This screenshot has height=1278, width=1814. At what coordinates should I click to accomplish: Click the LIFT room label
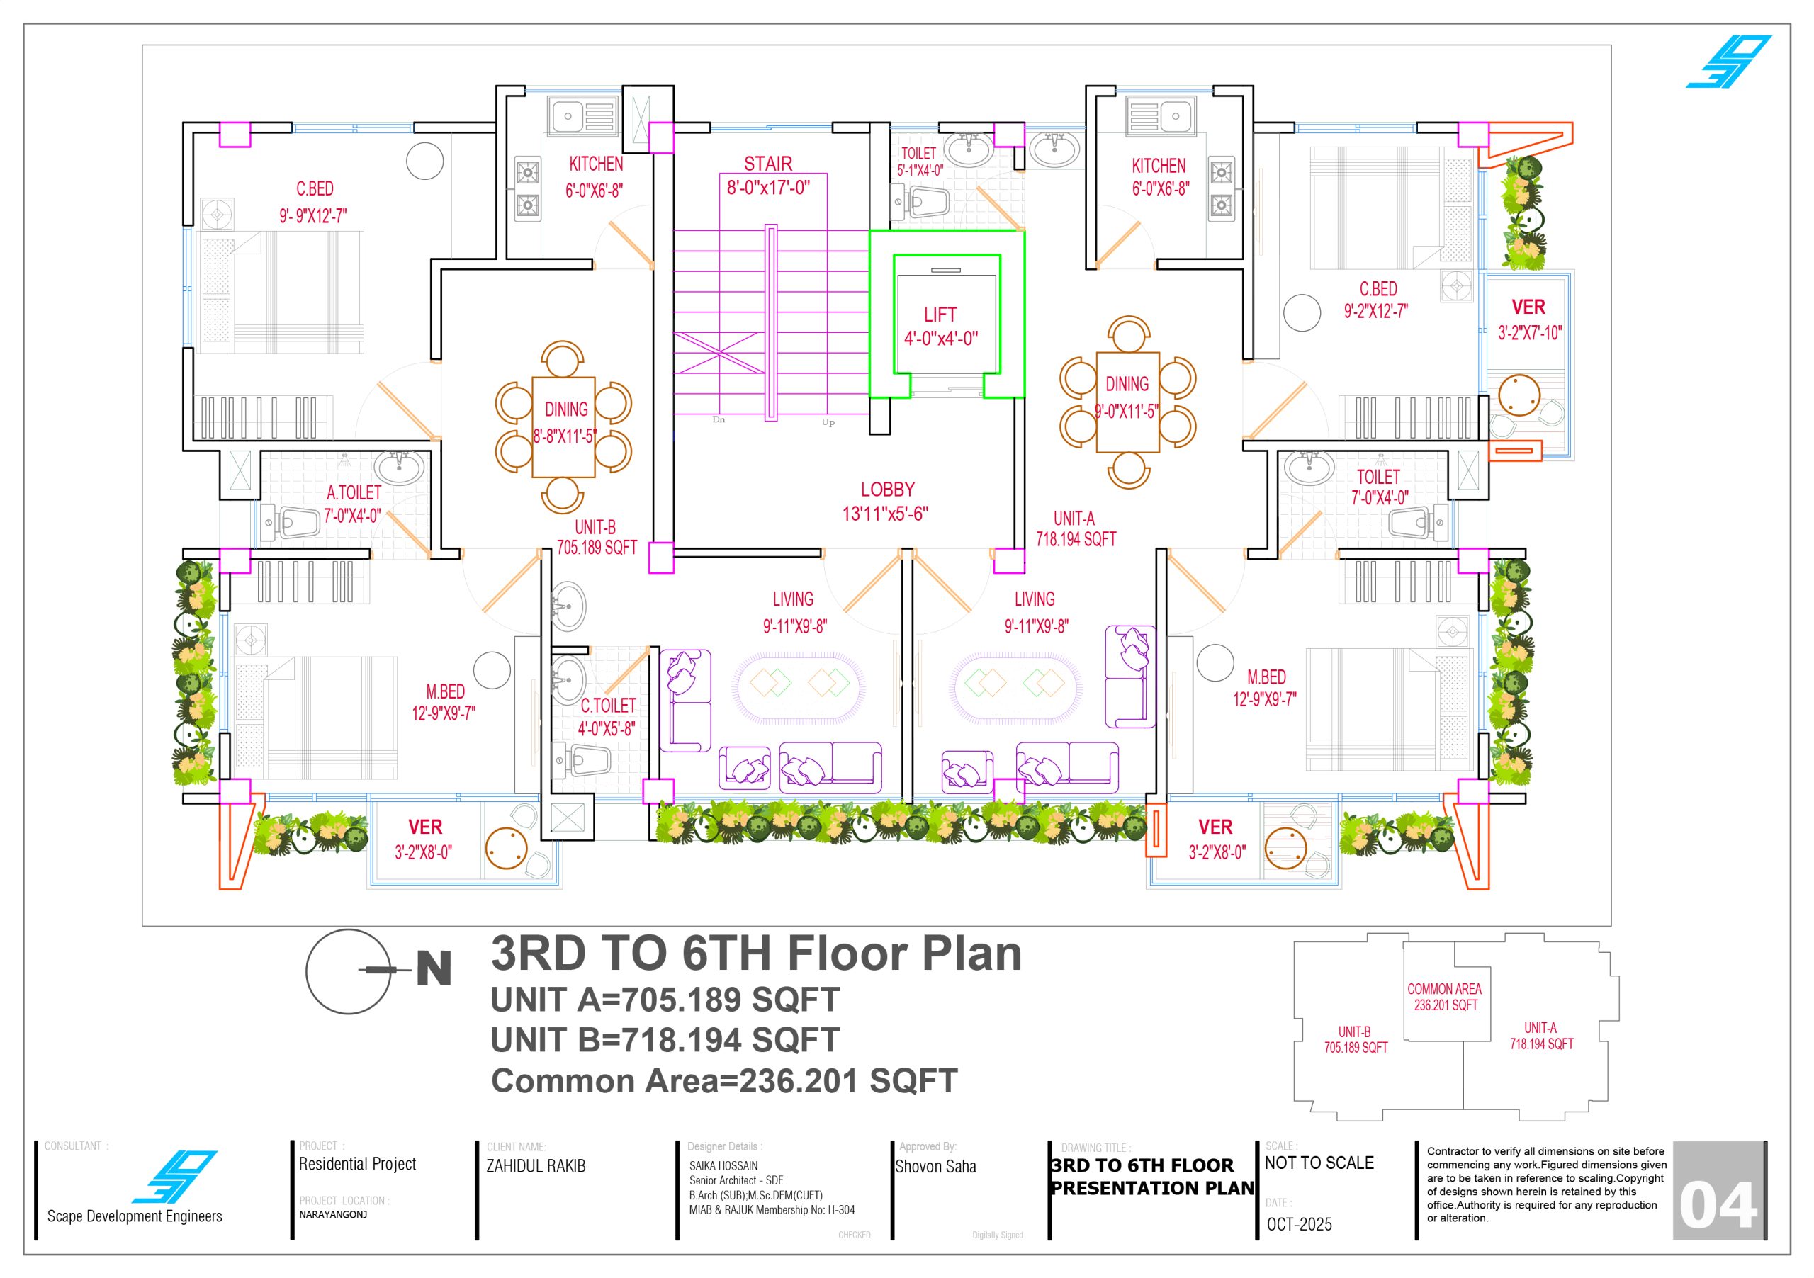click(x=940, y=315)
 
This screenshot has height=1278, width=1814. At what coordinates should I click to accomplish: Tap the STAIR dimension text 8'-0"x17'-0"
click(x=768, y=188)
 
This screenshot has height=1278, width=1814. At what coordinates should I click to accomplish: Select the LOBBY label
click(x=887, y=490)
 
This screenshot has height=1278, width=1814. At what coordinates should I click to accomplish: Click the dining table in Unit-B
click(x=563, y=427)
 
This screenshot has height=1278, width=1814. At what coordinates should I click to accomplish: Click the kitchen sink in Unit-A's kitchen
click(x=1160, y=116)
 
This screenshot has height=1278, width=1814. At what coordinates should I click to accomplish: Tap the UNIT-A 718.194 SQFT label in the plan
click(x=1075, y=529)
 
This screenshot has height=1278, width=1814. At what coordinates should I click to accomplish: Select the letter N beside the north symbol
click(x=434, y=969)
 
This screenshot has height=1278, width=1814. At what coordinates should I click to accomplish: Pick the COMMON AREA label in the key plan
click(x=1444, y=989)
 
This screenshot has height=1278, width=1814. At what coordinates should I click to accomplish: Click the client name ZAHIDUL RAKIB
click(x=536, y=1166)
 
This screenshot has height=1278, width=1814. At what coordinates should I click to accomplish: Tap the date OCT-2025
click(x=1299, y=1224)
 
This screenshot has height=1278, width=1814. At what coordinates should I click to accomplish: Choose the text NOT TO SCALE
click(x=1319, y=1163)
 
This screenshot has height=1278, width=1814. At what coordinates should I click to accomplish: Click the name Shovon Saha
click(x=935, y=1167)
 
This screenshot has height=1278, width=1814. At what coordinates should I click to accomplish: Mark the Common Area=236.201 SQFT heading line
click(x=723, y=1080)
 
